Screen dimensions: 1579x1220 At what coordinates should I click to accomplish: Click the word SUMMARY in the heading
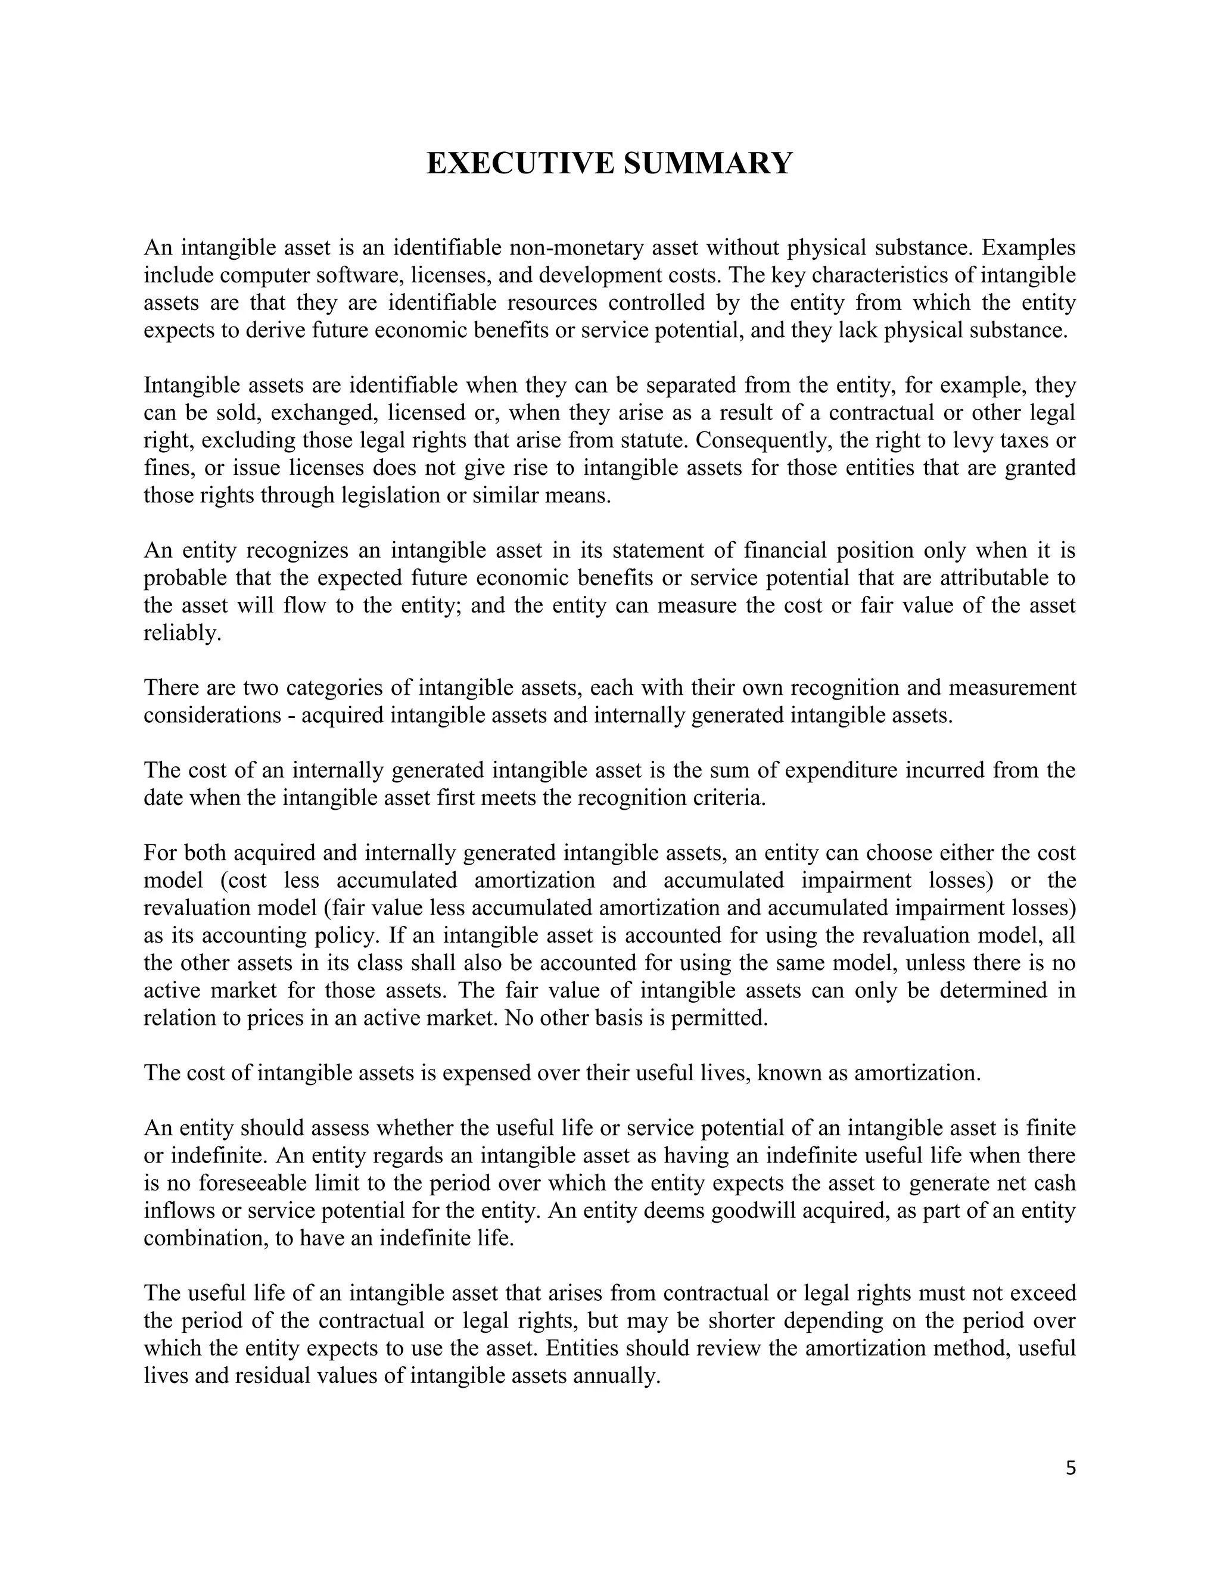coord(708,163)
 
